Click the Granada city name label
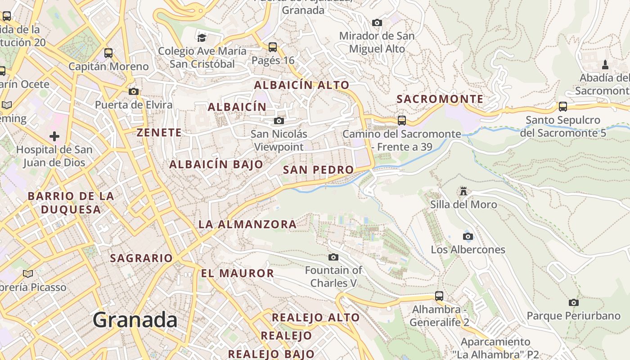pyautogui.click(x=135, y=320)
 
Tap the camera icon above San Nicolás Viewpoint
pyautogui.click(x=279, y=121)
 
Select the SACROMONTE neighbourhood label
pyautogui.click(x=440, y=99)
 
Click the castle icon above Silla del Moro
pyautogui.click(x=463, y=191)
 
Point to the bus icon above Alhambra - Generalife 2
pyautogui.click(x=439, y=296)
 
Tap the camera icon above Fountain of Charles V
pyautogui.click(x=333, y=257)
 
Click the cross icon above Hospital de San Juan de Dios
pyautogui.click(x=54, y=136)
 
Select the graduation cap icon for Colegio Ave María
pyautogui.click(x=202, y=37)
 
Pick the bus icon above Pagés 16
pyautogui.click(x=273, y=47)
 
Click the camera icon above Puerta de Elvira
pyautogui.click(x=133, y=91)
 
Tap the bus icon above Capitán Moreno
pyautogui.click(x=108, y=53)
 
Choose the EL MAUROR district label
pyautogui.click(x=237, y=273)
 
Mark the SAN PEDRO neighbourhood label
pyautogui.click(x=318, y=170)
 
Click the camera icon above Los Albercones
pyautogui.click(x=468, y=236)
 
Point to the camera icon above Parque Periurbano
pyautogui.click(x=573, y=302)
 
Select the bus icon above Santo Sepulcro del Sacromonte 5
pyautogui.click(x=563, y=107)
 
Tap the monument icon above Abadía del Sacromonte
pyautogui.click(x=605, y=64)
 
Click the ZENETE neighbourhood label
pyautogui.click(x=159, y=132)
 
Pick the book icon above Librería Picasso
pyautogui.click(x=28, y=274)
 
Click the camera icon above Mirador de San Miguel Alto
pyautogui.click(x=377, y=22)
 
